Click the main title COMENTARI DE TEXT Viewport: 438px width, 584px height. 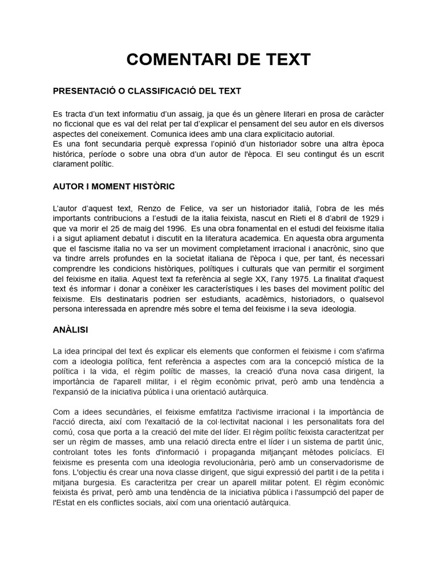218,59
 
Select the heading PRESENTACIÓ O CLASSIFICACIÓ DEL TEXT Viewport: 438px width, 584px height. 147,91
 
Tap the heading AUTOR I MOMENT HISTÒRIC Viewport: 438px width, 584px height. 113,186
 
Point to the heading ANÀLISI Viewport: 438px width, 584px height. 70,330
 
